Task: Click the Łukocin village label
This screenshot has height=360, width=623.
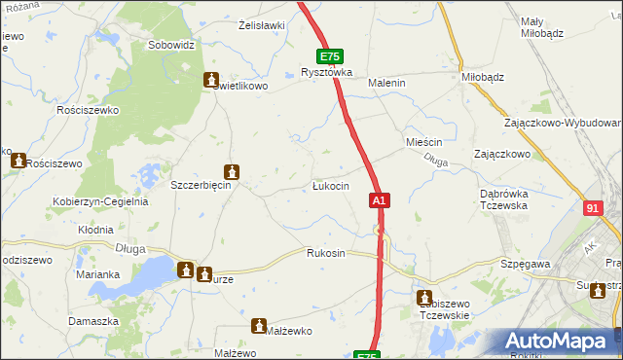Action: (x=331, y=186)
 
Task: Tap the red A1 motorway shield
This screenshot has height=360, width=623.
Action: (x=380, y=199)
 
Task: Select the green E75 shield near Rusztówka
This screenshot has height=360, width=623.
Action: (x=329, y=57)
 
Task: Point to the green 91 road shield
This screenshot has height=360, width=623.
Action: (x=595, y=208)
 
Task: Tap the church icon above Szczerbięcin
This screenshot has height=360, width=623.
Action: (x=232, y=172)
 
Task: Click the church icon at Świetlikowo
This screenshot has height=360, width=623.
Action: (x=209, y=79)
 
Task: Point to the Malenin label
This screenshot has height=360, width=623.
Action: (x=385, y=84)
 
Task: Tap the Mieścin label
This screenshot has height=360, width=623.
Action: (x=423, y=142)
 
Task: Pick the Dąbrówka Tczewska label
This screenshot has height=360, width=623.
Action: (x=503, y=199)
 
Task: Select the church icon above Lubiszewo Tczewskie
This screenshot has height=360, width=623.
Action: (x=424, y=298)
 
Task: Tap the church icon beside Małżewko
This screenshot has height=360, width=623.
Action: (x=259, y=326)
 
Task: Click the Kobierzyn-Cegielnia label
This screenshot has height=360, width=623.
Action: (x=100, y=202)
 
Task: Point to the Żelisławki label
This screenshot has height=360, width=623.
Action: (x=261, y=26)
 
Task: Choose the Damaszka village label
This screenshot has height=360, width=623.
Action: (x=93, y=320)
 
